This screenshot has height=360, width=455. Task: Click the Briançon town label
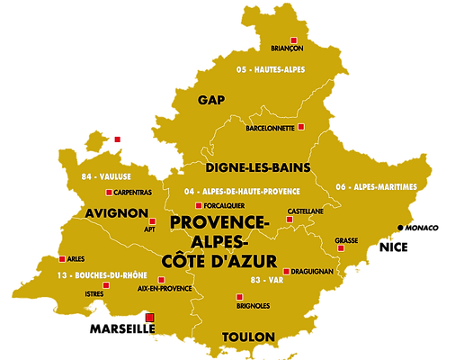pyautogui.click(x=287, y=48)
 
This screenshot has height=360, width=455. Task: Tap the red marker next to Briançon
pyautogui.click(x=287, y=38)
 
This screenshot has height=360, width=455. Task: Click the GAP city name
pyautogui.click(x=211, y=99)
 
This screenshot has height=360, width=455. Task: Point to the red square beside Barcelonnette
pyautogui.click(x=301, y=127)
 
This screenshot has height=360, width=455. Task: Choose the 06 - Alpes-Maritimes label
pyautogui.click(x=376, y=186)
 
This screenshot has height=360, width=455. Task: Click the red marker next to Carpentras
pyautogui.click(x=109, y=193)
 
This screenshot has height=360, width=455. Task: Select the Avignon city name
pyautogui.click(x=117, y=213)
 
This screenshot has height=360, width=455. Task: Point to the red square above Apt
pyautogui.click(x=152, y=220)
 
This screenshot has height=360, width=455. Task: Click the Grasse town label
pyautogui.click(x=346, y=240)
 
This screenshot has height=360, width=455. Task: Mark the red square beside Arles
pyautogui.click(x=62, y=258)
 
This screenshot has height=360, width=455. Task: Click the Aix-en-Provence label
pyautogui.click(x=165, y=288)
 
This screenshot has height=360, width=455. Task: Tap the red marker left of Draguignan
pyautogui.click(x=286, y=271)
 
